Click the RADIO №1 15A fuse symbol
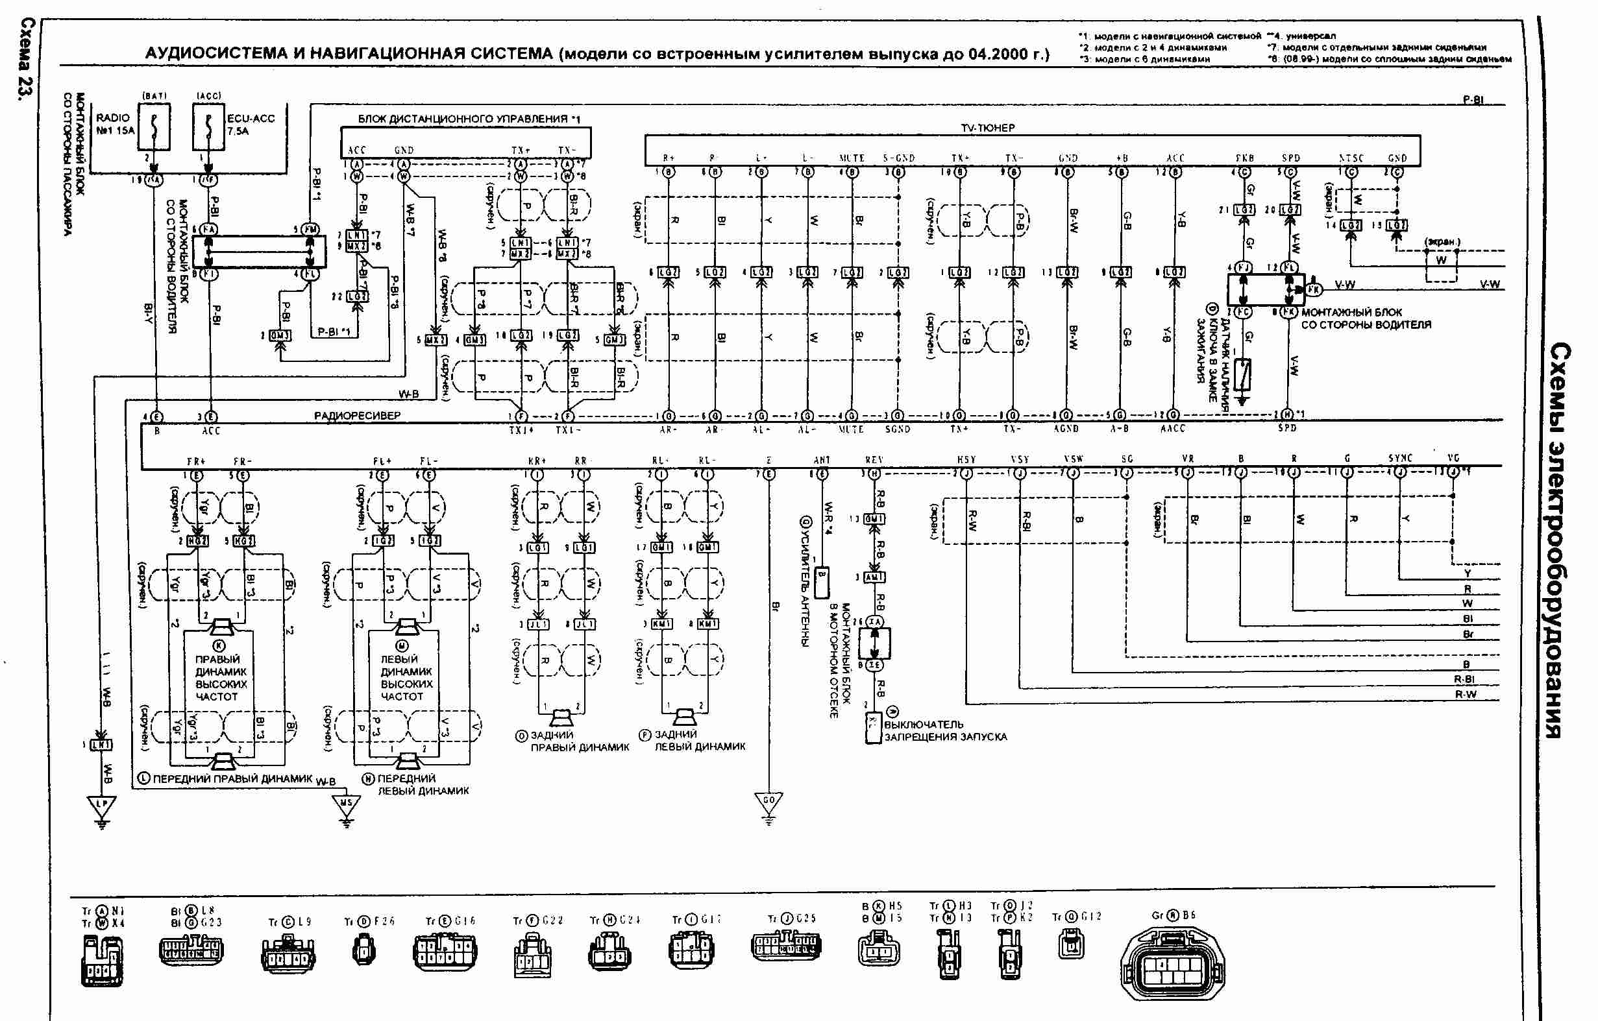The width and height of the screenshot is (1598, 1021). tap(154, 127)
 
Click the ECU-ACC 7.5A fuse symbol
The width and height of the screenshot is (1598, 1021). tap(208, 127)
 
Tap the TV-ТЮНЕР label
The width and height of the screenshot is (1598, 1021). tap(987, 127)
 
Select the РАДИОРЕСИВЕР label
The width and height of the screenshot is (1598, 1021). tap(357, 415)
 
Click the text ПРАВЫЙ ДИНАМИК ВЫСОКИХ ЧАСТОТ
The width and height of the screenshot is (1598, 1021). tap(220, 677)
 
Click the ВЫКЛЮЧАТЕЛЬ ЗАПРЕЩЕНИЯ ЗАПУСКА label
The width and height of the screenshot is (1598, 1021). tap(945, 730)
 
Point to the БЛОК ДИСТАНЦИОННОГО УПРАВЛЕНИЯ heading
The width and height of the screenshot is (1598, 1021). tap(469, 119)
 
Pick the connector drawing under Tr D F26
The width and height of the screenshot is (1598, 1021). tap(363, 949)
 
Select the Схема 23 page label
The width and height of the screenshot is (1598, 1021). tap(25, 60)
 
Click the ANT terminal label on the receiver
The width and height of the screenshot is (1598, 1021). tap(822, 460)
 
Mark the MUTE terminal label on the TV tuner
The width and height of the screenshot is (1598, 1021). tap(852, 158)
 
